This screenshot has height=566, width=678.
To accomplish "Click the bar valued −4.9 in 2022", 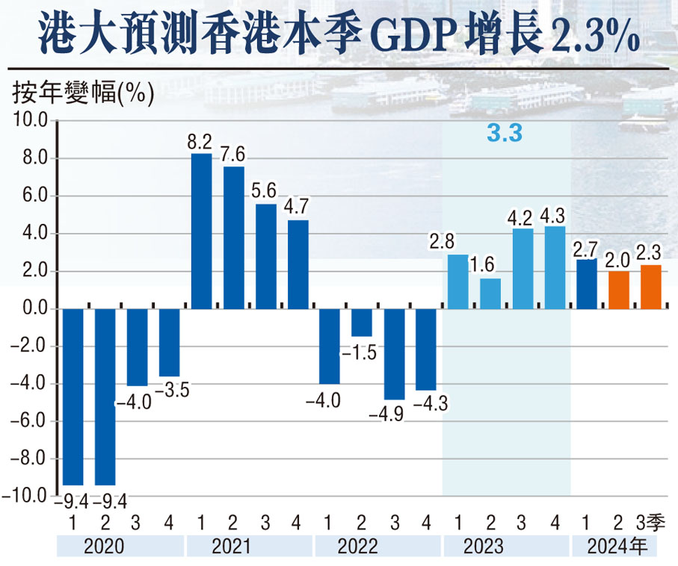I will (x=394, y=354).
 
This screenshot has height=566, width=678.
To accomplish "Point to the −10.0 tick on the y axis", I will (x=26, y=497).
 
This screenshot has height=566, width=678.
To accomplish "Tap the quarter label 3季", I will (x=650, y=520).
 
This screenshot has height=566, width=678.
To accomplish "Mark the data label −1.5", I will (x=362, y=352).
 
